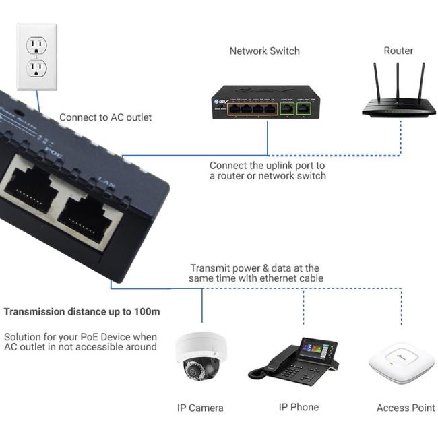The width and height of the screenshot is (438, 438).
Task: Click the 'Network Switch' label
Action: click(264, 51)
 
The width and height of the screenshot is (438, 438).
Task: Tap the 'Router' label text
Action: click(398, 51)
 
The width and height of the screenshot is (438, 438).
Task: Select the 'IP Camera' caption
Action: click(200, 408)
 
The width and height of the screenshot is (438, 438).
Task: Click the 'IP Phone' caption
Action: click(299, 407)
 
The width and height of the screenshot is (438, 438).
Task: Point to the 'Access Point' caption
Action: click(406, 408)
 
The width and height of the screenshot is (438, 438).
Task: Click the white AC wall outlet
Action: click(36, 57)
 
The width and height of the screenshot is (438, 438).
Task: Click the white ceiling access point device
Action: click(402, 365)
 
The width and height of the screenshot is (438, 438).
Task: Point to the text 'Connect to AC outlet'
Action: click(106, 117)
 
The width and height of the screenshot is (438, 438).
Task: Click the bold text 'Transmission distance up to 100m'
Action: click(82, 312)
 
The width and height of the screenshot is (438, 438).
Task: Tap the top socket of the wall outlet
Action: click(36, 44)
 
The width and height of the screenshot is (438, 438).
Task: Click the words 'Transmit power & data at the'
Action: click(255, 268)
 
